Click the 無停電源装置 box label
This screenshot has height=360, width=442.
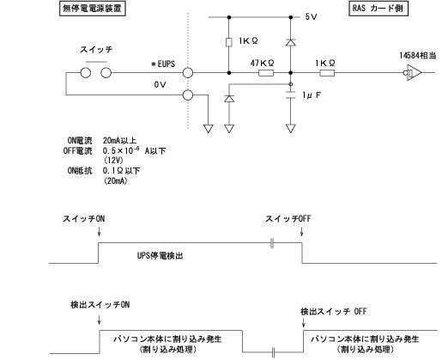[x=91, y=9]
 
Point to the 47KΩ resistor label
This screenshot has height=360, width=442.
[x=262, y=63]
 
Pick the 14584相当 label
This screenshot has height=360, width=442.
[x=416, y=56]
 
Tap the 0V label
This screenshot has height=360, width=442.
[x=159, y=84]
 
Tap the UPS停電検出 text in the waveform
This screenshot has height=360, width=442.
[x=162, y=255]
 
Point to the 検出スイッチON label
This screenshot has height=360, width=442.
[x=100, y=305]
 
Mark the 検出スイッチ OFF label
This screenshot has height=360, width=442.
[x=333, y=311]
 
